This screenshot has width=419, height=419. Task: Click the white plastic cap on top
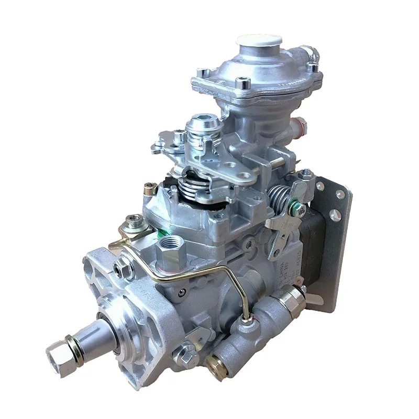(259, 40)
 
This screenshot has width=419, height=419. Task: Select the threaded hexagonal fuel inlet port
(170, 247)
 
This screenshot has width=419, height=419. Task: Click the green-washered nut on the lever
(299, 210)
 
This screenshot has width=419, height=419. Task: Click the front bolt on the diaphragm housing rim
(242, 83)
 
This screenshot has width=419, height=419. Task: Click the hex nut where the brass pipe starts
(124, 268)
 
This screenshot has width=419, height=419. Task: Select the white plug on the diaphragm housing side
(301, 126)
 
